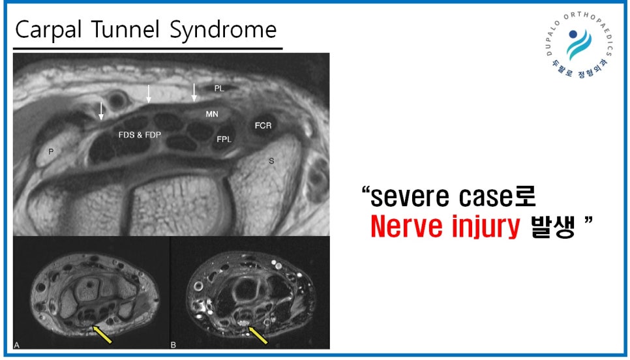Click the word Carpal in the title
coord(48,30)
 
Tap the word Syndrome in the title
coord(223,30)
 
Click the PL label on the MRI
coord(219,89)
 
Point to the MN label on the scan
coord(212,114)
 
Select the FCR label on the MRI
coord(263,126)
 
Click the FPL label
coord(224,140)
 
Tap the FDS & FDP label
coord(140,135)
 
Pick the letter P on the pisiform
coord(51,151)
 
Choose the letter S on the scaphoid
coord(271,161)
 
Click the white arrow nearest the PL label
coord(194,93)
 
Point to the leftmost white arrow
coord(101,111)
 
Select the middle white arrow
coord(149,94)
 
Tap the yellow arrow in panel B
coord(258,335)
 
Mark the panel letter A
coord(16,345)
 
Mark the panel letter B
coord(173,345)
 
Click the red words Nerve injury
coord(445,226)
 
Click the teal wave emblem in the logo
coord(579,45)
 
